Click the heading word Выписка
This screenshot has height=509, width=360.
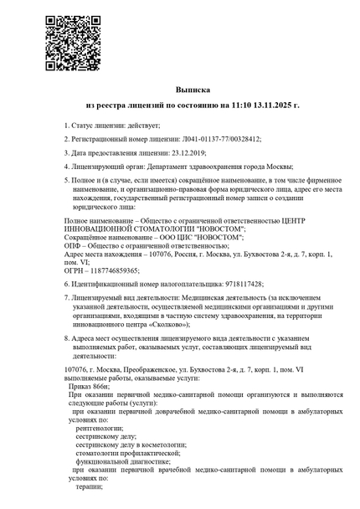[193, 89]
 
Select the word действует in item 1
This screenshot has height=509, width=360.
[144, 125]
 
